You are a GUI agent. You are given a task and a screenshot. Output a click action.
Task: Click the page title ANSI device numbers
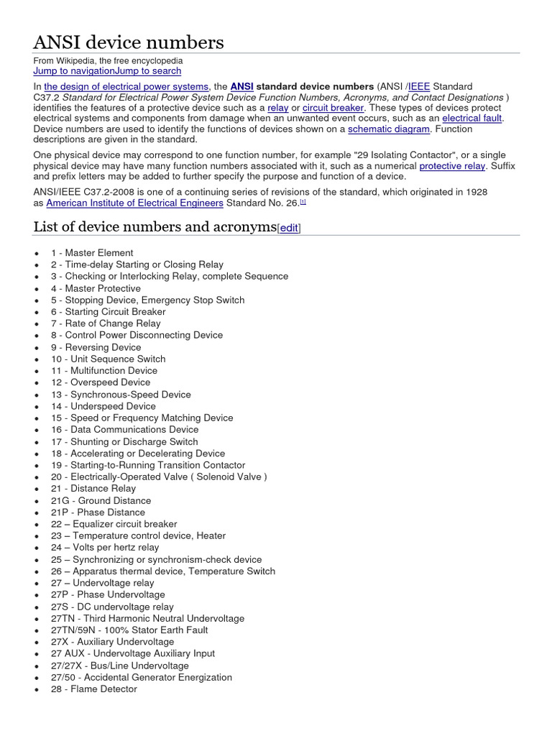point(129,42)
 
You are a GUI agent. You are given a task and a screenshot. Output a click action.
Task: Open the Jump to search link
point(148,71)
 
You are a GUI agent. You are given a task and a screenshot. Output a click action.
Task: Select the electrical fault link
point(472,118)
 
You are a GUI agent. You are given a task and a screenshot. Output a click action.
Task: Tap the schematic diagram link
point(389,129)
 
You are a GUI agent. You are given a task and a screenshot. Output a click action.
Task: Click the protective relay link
point(452,166)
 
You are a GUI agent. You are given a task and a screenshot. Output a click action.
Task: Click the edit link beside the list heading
point(289,228)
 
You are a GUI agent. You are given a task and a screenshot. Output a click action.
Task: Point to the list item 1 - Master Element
point(92,253)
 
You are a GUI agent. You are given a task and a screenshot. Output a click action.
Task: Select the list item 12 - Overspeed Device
point(101,382)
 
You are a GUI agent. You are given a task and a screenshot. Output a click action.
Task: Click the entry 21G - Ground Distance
point(101,500)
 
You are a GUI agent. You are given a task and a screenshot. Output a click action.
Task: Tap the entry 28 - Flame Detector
point(93,689)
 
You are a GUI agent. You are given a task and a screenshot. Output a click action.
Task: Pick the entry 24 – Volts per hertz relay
point(105,547)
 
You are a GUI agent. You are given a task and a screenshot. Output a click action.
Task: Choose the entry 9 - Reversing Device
point(96,347)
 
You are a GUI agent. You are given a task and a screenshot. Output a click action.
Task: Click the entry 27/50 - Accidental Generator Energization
point(142,677)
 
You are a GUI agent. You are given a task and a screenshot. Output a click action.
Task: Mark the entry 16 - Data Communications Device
point(124,429)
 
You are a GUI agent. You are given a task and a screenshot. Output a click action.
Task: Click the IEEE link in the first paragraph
point(419,86)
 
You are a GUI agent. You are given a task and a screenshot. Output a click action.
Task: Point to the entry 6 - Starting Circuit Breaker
point(108,312)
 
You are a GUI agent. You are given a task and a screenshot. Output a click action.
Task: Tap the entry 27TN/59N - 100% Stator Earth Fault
point(129,630)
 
